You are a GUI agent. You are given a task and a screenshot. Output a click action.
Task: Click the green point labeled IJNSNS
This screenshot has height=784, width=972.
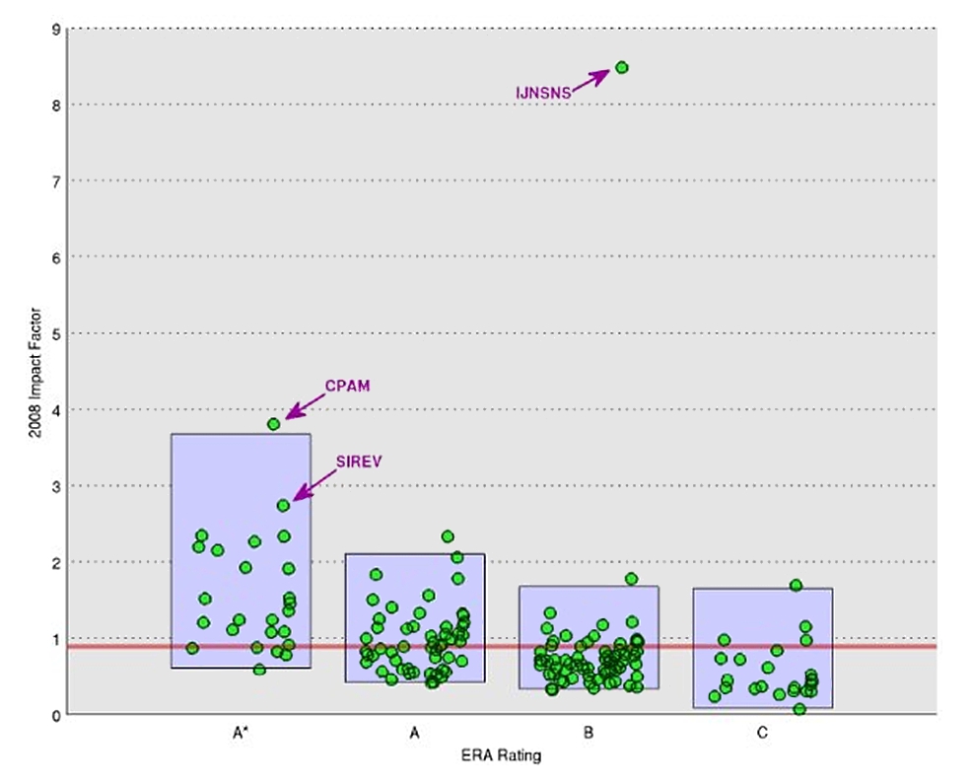point(622,67)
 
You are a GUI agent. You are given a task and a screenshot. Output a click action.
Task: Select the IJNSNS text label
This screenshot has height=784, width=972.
point(543,93)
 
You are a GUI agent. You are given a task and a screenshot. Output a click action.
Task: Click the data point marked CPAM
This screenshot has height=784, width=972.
point(274,424)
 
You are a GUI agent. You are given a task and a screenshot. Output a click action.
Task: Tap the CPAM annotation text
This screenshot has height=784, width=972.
point(347,386)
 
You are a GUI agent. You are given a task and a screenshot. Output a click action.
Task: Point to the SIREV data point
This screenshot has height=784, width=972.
point(284,505)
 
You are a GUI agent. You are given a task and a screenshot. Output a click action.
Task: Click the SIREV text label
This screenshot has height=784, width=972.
point(358,461)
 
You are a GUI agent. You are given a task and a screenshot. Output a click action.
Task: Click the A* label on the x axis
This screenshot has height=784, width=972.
point(241,734)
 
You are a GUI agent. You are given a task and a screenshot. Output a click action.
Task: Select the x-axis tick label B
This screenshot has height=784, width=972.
point(589,734)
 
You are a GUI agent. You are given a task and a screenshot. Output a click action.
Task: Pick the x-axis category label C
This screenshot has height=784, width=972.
point(763,734)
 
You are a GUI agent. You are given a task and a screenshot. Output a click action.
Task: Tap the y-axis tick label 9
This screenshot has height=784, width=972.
point(57,30)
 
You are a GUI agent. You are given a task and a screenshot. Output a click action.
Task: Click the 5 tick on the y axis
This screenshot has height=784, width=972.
point(57,333)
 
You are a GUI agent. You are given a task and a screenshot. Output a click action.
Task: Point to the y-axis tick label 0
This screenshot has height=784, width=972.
point(57,714)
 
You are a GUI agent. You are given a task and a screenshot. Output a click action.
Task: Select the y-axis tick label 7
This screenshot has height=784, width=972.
point(57,181)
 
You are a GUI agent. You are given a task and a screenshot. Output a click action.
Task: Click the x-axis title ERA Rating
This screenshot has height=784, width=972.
point(501,756)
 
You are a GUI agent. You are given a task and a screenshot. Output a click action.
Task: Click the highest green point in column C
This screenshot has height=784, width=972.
point(796,585)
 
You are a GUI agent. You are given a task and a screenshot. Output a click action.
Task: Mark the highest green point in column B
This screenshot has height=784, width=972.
point(631,579)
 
